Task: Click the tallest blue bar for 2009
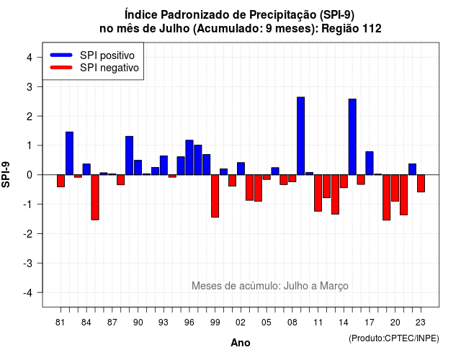[301, 136]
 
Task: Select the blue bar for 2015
[352, 137]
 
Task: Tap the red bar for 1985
[95, 197]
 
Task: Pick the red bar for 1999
[215, 196]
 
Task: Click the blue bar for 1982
[69, 153]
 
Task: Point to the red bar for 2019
[387, 197]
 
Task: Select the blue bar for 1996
[189, 157]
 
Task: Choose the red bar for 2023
[421, 184]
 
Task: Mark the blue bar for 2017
[370, 163]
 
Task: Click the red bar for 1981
[61, 181]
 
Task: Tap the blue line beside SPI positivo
[61, 55]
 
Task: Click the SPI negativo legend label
[109, 68]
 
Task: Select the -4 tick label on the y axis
[28, 292]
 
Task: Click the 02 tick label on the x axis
[241, 323]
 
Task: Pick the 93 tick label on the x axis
[164, 323]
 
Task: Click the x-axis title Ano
[241, 343]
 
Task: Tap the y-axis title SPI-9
[6, 174]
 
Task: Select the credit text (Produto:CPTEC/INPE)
[394, 338]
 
